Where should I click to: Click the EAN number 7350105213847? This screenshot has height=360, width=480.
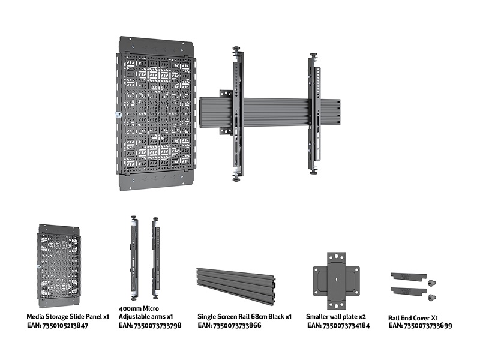pyautogui.click(x=65, y=325)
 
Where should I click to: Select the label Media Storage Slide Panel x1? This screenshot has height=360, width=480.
pyautogui.click(x=68, y=317)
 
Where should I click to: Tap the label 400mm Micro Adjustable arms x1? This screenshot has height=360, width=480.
pyautogui.click(x=146, y=312)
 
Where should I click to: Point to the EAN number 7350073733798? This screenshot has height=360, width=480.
pyautogui.click(x=157, y=325)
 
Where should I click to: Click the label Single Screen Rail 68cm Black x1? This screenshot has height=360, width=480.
pyautogui.click(x=244, y=317)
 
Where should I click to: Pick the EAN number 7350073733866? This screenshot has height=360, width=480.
pyautogui.click(x=237, y=325)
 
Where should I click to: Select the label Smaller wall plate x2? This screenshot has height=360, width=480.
pyautogui.click(x=336, y=317)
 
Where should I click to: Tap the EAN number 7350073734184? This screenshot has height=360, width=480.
pyautogui.click(x=346, y=325)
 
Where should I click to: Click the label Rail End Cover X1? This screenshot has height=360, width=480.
pyautogui.click(x=413, y=318)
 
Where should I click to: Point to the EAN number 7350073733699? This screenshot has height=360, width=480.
pyautogui.click(x=428, y=325)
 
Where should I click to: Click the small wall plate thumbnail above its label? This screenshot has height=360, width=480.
pyautogui.click(x=336, y=281)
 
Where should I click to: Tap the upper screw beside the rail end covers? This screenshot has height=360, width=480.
pyautogui.click(x=432, y=283)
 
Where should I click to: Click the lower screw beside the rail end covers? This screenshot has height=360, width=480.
pyautogui.click(x=432, y=297)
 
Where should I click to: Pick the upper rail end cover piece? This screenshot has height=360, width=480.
pyautogui.click(x=409, y=276)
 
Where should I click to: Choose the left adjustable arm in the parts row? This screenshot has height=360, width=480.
pyautogui.click(x=134, y=258)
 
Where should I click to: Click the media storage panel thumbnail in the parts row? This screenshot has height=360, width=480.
pyautogui.click(x=58, y=265)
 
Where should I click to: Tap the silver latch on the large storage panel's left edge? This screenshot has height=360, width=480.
pyautogui.click(x=118, y=115)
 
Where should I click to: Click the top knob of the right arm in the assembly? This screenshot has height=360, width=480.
pyautogui.click(x=314, y=55)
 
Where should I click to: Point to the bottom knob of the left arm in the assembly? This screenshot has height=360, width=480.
pyautogui.click(x=236, y=178)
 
